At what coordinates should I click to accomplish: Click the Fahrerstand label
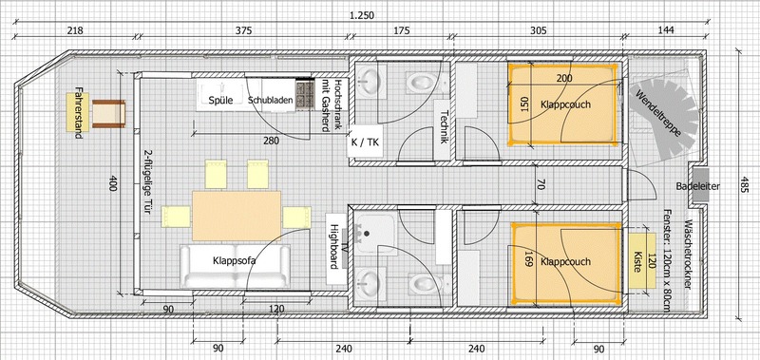79,112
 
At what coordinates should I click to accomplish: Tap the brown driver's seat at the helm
108,114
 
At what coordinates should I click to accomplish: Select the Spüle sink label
220,101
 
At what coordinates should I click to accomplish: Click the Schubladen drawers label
271,101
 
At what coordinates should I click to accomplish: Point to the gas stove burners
305,93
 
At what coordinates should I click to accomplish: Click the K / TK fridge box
366,142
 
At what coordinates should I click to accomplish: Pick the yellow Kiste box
638,262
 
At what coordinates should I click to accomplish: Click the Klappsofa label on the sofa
234,260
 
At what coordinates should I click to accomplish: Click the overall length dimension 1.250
362,15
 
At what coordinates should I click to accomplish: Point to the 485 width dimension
744,184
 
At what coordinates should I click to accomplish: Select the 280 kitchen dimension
272,141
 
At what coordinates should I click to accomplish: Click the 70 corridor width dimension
541,184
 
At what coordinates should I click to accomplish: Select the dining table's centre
237,216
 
